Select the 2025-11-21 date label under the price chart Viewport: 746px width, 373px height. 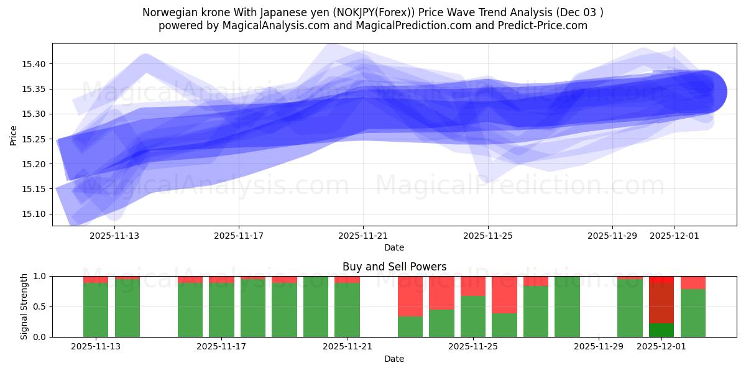[363, 236]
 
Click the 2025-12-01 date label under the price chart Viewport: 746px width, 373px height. [675, 236]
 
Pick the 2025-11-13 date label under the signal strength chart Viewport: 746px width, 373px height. [96, 347]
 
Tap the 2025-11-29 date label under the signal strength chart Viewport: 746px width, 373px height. [598, 347]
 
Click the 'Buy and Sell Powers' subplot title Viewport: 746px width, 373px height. [394, 267]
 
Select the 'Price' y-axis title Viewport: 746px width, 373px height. [14, 134]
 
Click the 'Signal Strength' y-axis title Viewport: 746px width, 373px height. [24, 306]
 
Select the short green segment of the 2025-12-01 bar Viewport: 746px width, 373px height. [661, 330]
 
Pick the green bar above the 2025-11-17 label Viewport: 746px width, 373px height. [221, 310]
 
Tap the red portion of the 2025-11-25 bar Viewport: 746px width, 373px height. [473, 286]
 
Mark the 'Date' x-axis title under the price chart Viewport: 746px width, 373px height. [394, 247]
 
